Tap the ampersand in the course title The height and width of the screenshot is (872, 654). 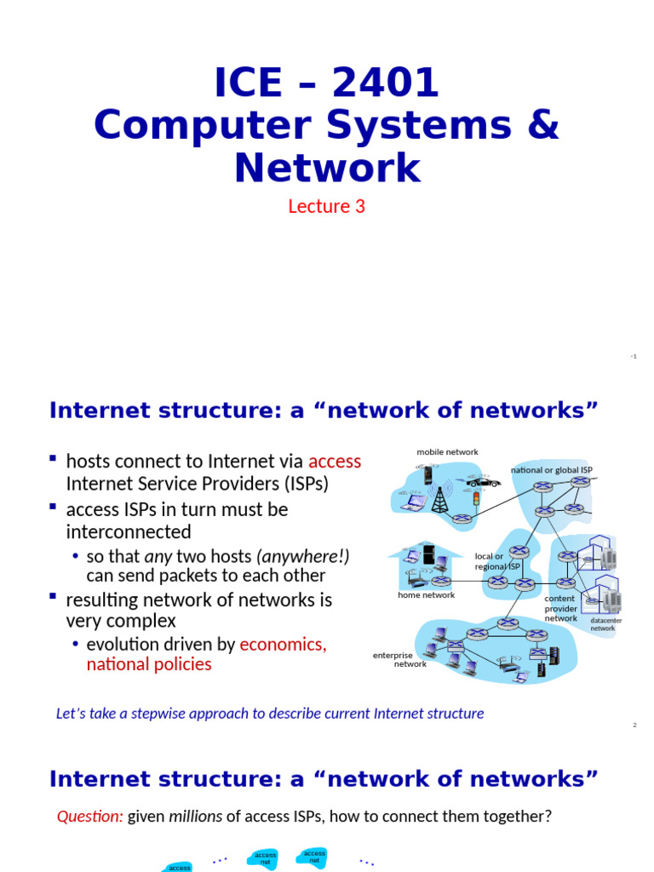pos(543,124)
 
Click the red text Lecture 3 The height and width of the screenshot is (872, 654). pos(326,206)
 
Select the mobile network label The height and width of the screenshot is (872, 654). pos(447,451)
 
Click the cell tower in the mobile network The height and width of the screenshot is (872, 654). pos(439,500)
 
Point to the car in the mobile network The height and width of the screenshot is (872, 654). pos(484,482)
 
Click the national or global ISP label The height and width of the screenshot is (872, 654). pos(552,470)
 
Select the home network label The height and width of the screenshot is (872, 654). pos(426,595)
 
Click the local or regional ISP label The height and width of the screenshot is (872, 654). pos(496,561)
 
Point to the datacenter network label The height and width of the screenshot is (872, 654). pos(605,624)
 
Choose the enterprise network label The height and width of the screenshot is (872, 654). pos(399,659)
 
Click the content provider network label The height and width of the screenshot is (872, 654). pos(561,608)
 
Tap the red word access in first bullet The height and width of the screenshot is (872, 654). pos(335,462)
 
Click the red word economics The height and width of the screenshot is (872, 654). pos(283,644)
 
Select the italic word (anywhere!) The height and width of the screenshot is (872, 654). pos(302,556)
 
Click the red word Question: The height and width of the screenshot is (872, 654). pos(89,817)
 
